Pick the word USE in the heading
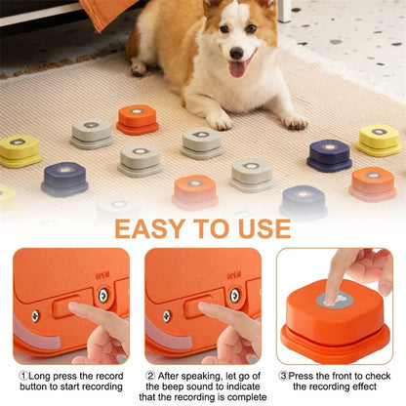(x=259, y=229)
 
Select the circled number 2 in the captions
(x=150, y=374)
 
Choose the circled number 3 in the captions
(x=283, y=374)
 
